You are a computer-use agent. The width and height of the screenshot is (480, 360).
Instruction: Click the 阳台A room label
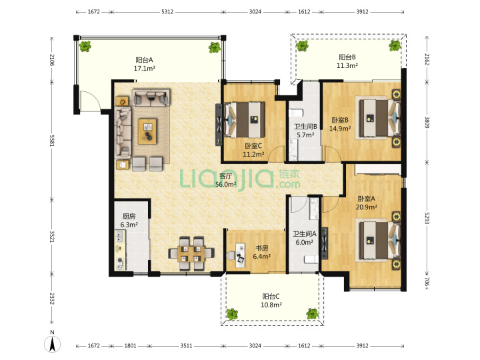(x=144, y=60)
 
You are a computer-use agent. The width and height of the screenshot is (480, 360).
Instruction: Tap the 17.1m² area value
(x=145, y=68)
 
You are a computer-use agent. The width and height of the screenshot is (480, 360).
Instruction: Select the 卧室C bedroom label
(x=253, y=146)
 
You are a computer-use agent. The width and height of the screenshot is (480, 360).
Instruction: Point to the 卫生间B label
(x=305, y=127)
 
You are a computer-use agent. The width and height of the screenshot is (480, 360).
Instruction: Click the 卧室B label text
(x=340, y=120)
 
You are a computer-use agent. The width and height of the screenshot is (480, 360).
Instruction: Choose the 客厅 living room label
(x=225, y=176)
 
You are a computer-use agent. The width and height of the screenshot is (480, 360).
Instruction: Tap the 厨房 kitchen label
(x=129, y=216)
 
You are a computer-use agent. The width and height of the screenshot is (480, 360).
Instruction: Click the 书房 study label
(x=262, y=247)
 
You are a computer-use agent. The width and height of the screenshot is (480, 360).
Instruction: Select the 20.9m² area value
(x=366, y=207)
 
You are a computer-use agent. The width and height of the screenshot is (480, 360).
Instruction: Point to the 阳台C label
(x=271, y=296)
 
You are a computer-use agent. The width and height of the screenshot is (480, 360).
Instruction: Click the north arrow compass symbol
(x=53, y=343)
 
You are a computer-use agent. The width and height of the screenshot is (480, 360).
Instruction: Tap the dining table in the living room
(x=191, y=254)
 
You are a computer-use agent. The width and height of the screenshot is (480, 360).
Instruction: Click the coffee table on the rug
(x=147, y=131)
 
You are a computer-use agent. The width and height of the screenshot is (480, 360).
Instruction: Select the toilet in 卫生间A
(x=311, y=259)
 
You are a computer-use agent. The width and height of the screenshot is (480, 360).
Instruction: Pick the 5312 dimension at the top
(x=167, y=12)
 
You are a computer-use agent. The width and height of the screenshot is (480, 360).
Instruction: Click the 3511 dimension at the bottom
(x=186, y=345)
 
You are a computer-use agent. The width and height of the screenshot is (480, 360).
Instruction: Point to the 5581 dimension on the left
(x=52, y=141)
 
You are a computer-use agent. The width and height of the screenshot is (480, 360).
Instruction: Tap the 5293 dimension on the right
(x=427, y=217)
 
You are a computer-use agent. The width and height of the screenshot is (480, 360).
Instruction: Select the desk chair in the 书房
(x=231, y=255)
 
